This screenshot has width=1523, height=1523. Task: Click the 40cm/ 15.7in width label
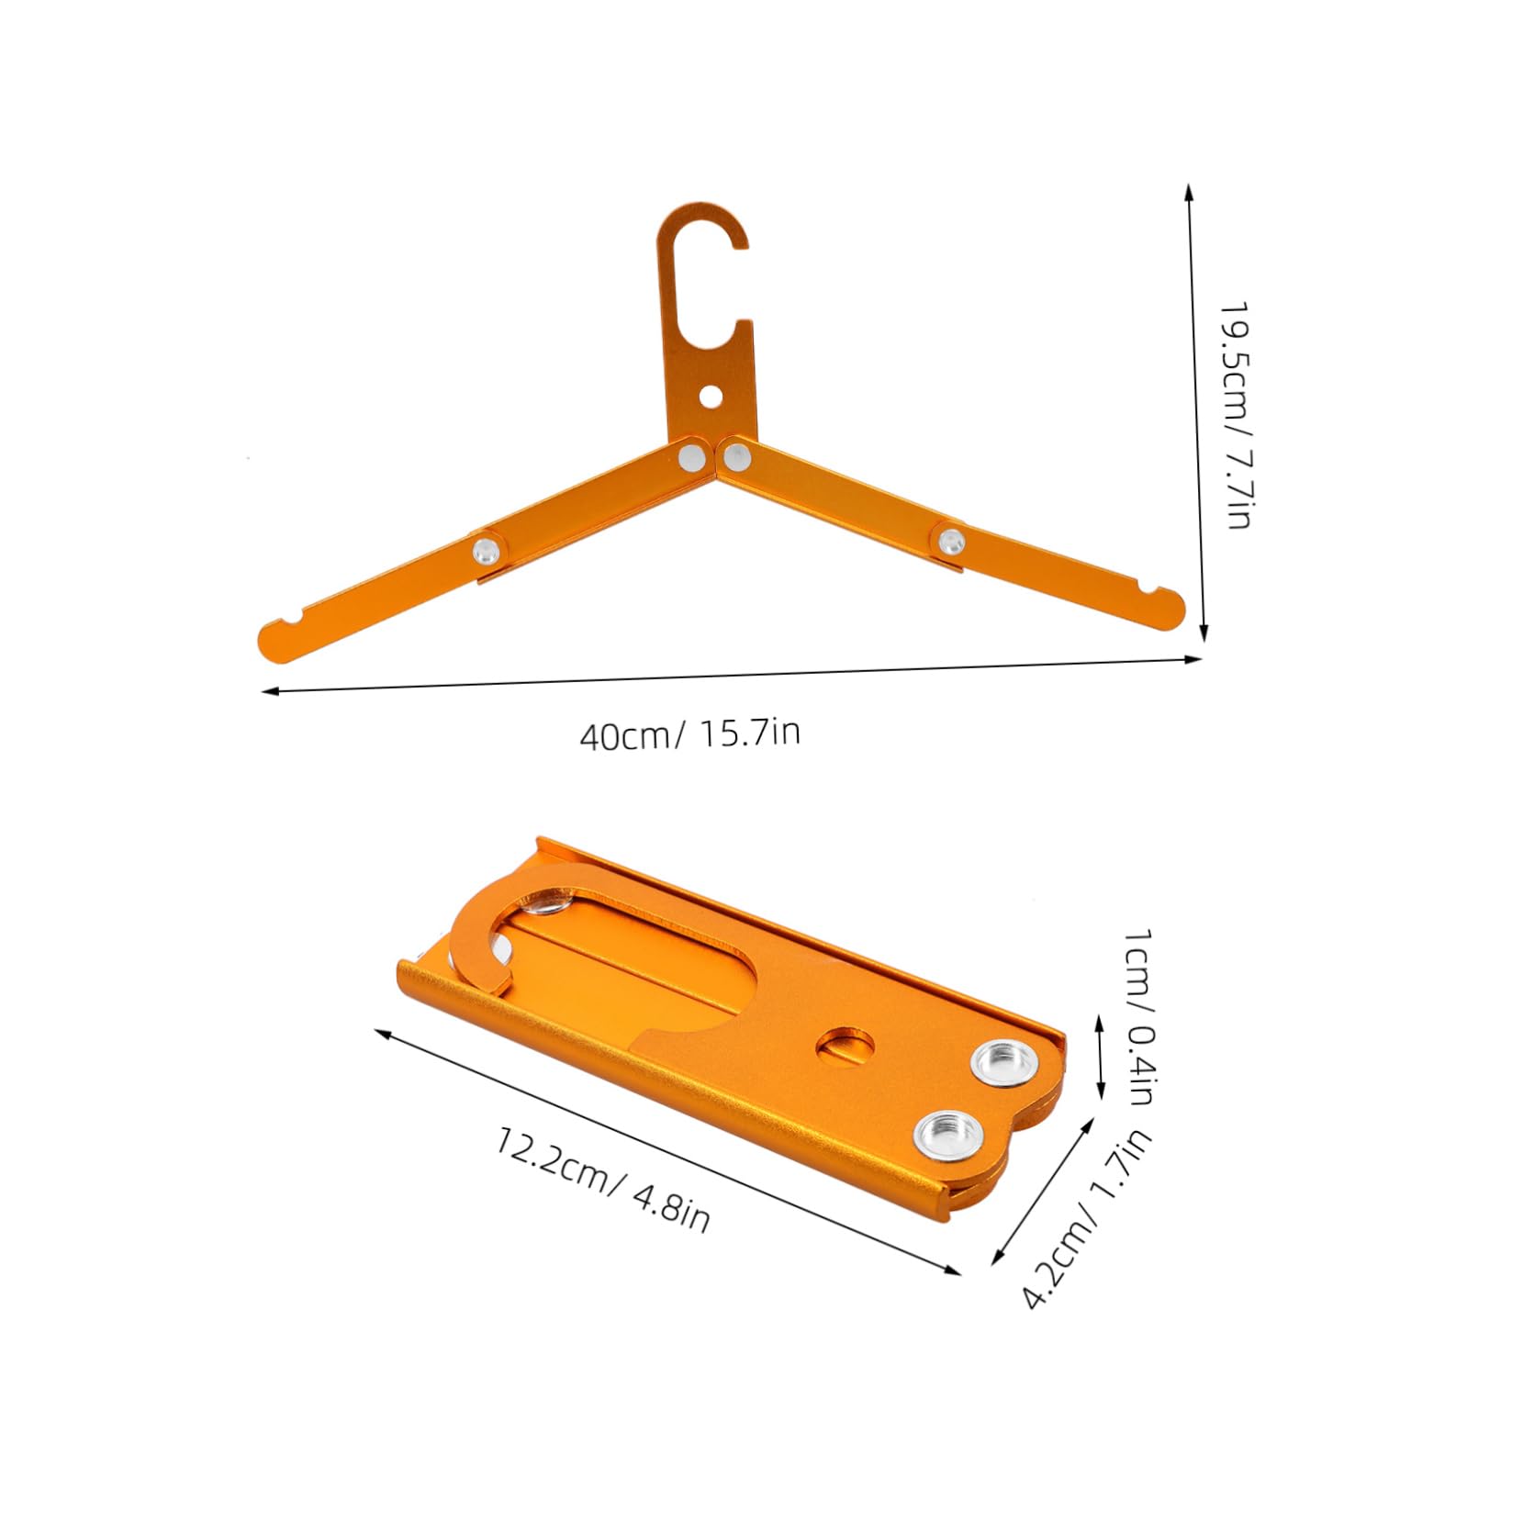[689, 734]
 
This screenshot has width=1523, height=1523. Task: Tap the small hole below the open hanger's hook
[710, 396]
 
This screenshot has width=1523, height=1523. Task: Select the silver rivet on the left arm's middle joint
[486, 551]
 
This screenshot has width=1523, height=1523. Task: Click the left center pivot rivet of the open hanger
[689, 455]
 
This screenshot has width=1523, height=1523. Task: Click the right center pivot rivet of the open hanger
[734, 454]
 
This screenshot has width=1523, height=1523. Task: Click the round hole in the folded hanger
[845, 1046]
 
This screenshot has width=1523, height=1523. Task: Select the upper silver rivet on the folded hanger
[1003, 1064]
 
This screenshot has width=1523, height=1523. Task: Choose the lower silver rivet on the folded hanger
[945, 1131]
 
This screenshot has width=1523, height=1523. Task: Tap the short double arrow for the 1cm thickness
[1101, 1056]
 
